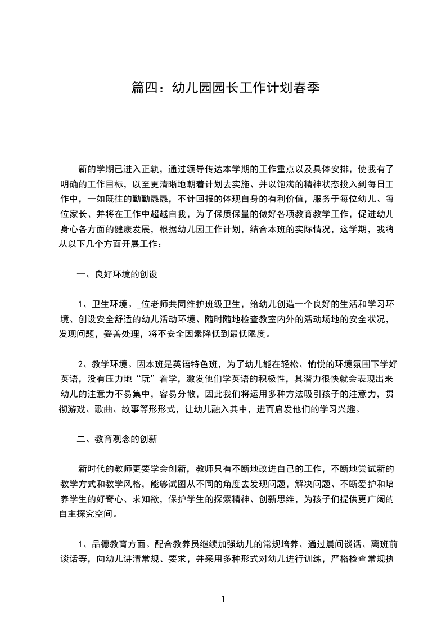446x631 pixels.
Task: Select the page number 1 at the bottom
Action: point(223,599)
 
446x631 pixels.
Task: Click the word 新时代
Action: point(92,468)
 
